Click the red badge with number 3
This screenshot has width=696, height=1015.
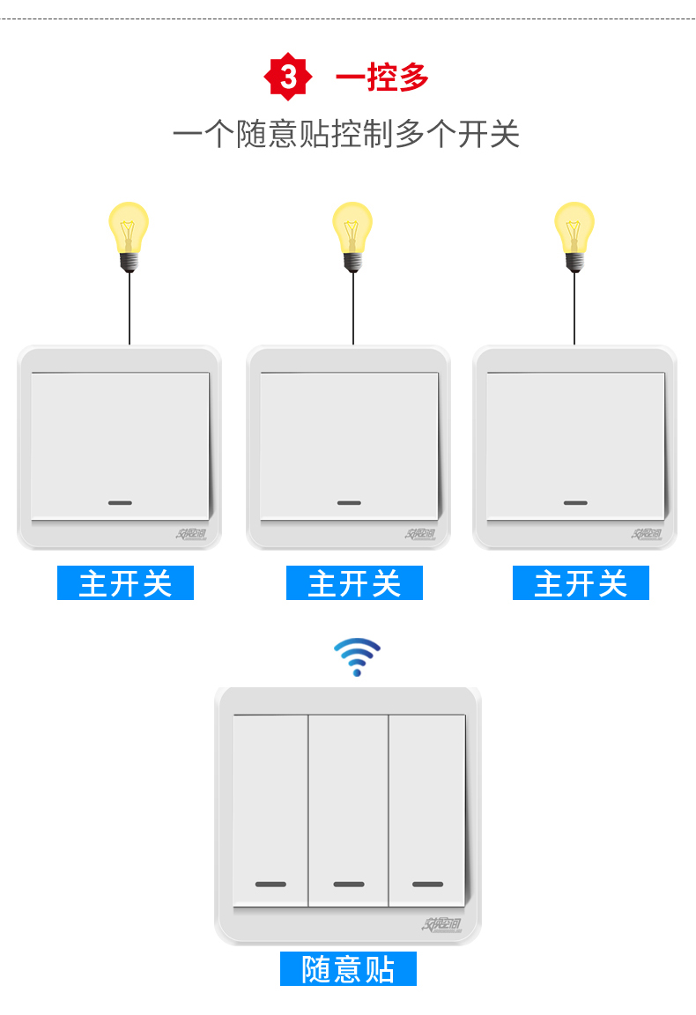pos(288,78)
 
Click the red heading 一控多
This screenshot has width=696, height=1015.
pos(381,78)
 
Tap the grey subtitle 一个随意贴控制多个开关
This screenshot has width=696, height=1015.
pos(346,135)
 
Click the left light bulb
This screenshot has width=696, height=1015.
pos(129,233)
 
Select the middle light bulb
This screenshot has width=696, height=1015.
pos(352,233)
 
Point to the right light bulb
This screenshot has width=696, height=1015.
pos(574,233)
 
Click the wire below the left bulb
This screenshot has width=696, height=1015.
pos(130,308)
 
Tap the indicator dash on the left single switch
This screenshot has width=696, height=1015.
pos(120,503)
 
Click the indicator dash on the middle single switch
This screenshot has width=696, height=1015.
pos(349,503)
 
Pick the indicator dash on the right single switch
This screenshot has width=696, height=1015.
pos(575,503)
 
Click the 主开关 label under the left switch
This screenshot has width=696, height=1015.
pos(125,583)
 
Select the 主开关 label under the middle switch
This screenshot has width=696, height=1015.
pos(354,583)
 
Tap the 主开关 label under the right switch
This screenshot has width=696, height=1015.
pos(581,583)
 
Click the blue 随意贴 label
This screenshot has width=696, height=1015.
pos(348,968)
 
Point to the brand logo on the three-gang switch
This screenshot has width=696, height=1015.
pos(441,924)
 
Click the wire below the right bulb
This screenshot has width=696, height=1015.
pos(574,308)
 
